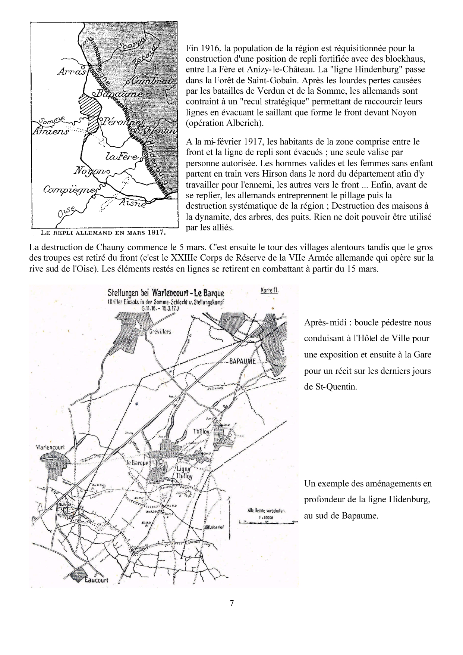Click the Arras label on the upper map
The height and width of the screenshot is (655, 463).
pos(72,71)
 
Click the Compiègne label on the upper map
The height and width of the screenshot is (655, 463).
pos(69,190)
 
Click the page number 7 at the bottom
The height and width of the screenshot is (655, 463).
pos(232,603)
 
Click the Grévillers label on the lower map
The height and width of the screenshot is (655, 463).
pos(160,331)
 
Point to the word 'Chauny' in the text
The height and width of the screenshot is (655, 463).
pos(100,247)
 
